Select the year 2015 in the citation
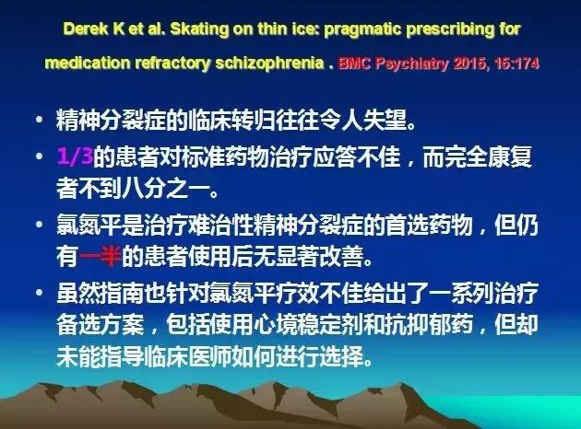point(473,65)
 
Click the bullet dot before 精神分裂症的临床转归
point(38,121)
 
